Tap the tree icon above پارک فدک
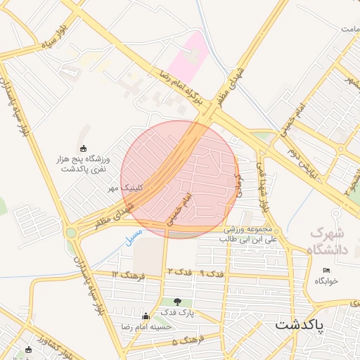(176, 302)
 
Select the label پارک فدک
(176, 311)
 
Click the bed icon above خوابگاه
(326, 271)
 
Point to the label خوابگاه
(326, 281)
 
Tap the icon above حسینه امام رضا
(146, 316)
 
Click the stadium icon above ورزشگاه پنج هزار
(84, 148)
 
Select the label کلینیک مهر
(124, 188)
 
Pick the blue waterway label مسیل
(134, 235)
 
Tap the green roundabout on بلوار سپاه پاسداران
(71, 232)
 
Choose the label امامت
(350, 30)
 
